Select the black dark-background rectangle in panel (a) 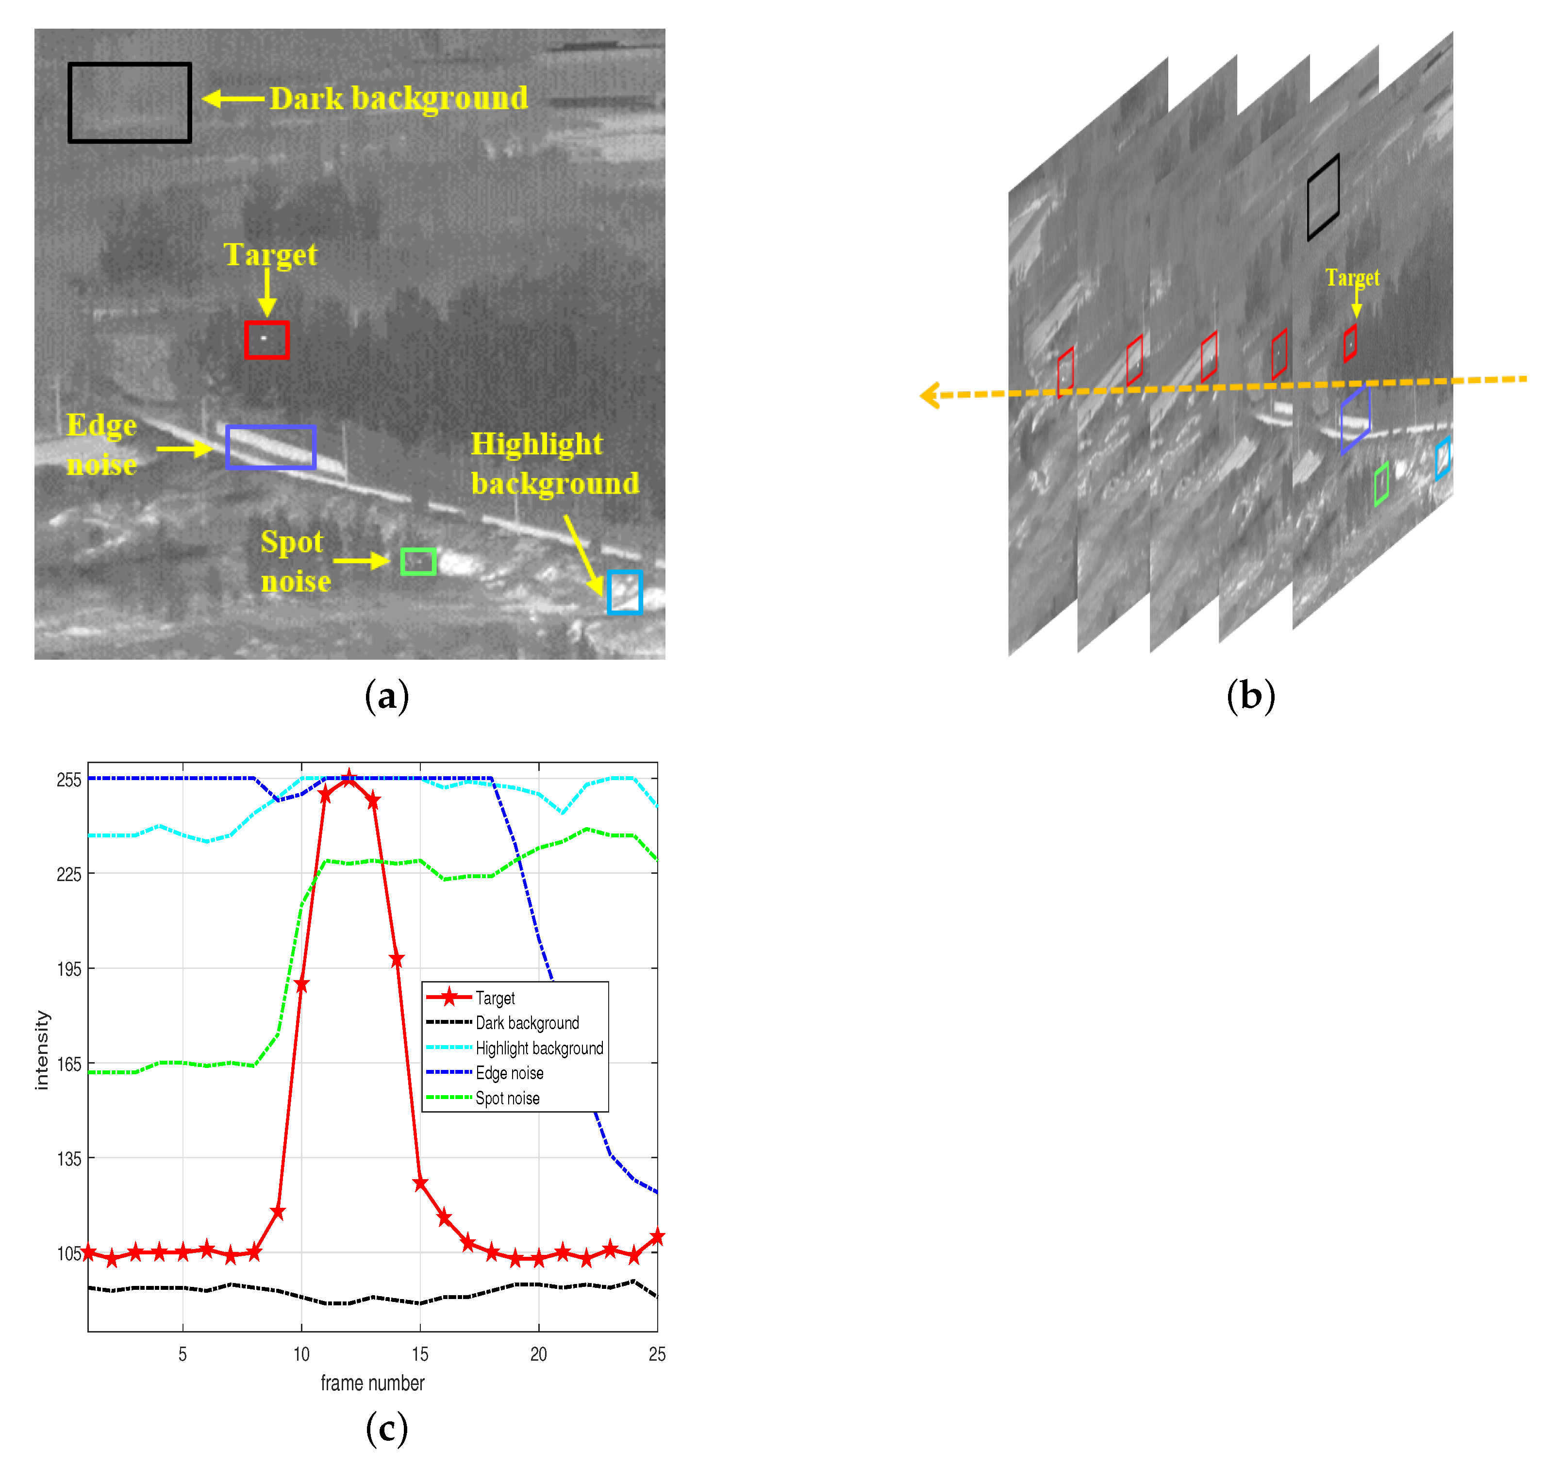point(130,102)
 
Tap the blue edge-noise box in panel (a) point(270,447)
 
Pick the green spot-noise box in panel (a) point(418,562)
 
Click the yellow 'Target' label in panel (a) point(270,254)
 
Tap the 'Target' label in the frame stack point(1352,278)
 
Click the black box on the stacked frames point(1323,197)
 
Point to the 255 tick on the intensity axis point(69,780)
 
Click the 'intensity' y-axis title point(41,1050)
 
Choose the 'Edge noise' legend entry point(509,1073)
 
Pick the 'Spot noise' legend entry point(507,1098)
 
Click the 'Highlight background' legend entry point(539,1048)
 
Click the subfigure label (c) point(387,1428)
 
